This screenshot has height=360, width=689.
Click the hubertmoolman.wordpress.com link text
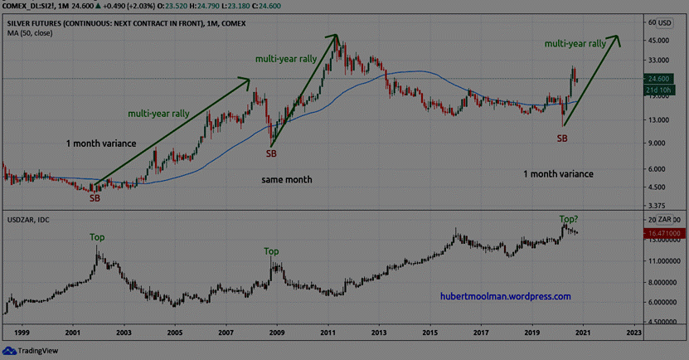click(506, 296)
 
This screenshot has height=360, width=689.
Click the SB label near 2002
click(95, 197)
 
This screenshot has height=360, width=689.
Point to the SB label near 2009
click(271, 153)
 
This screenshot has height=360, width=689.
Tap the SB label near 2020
click(562, 138)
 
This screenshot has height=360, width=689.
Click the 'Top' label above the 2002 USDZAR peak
click(98, 237)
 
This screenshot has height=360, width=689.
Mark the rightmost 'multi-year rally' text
click(575, 43)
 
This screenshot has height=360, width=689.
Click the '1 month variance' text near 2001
click(101, 144)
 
